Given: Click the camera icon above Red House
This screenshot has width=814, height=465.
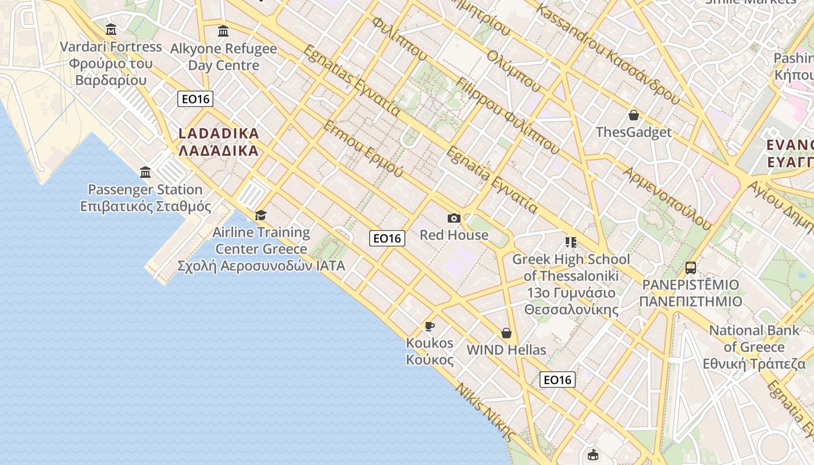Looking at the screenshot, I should coord(454,218).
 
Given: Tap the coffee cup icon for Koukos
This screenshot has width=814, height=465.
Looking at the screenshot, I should coord(430,326).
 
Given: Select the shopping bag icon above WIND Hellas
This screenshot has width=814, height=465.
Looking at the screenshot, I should coord(506,333).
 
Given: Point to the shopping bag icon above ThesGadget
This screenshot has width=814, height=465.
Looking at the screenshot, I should coord(634,115).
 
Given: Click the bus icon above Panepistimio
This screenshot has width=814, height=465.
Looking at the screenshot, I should coord(691,268).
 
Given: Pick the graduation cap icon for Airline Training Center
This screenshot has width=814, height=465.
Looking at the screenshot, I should coord(260,216).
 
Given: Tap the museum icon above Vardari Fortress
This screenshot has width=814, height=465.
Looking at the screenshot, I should coord(111,30).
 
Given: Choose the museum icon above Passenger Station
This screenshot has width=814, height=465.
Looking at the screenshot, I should coord(145,173).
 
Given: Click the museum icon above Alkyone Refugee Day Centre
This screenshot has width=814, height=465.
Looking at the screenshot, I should coord(223,31).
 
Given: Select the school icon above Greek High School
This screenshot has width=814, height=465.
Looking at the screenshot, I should coord(570,242).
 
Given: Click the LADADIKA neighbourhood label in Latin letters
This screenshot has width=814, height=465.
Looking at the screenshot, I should coord(219,134).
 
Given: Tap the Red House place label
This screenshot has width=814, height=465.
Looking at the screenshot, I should coord(454,235).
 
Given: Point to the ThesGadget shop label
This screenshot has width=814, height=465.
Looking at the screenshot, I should coord(634,132).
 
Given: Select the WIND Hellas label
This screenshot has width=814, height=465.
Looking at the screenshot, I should coord(506,350).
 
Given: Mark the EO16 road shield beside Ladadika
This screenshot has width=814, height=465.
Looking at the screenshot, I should coord(195,99).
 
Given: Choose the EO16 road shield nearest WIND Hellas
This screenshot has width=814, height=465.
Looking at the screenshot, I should coord(558,380).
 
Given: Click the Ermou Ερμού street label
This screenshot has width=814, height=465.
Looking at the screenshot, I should coord(363,149).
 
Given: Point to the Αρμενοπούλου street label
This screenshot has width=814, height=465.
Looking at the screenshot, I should coord(667,198).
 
